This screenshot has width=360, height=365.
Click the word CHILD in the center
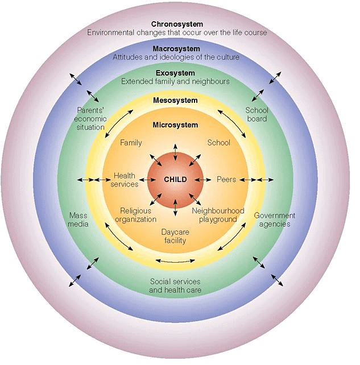tap(175, 180)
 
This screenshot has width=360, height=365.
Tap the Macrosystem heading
tap(176, 49)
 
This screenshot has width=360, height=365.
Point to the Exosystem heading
tap(175, 73)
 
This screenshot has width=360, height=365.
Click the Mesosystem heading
tap(175, 101)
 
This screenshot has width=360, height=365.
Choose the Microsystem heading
tap(175, 125)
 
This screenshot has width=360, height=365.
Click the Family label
tap(131, 143)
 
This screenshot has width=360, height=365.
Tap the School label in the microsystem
tap(218, 143)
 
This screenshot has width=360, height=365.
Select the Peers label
tap(226, 180)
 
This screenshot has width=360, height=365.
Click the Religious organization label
tap(135, 215)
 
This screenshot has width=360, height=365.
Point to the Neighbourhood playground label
tap(218, 215)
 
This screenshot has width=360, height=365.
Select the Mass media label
tap(78, 219)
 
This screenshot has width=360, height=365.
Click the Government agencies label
tap(274, 219)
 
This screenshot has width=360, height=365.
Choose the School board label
tap(256, 114)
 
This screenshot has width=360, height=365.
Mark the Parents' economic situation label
tap(90, 119)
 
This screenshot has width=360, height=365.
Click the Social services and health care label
tap(175, 285)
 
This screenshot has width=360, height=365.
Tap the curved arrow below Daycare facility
tap(175, 261)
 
